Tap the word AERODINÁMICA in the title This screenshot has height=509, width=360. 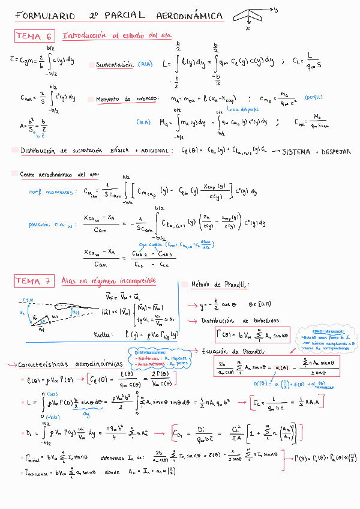[x=187, y=16]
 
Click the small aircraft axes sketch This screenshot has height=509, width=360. [x=249, y=16]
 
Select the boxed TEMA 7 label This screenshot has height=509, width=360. [x=34, y=282]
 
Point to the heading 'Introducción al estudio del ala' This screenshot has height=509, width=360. [x=116, y=36]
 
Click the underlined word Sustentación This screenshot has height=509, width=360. [x=115, y=64]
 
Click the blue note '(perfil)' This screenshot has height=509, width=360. [x=313, y=96]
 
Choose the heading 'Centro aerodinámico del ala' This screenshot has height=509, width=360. [x=59, y=175]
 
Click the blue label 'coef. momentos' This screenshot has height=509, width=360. [x=50, y=192]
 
